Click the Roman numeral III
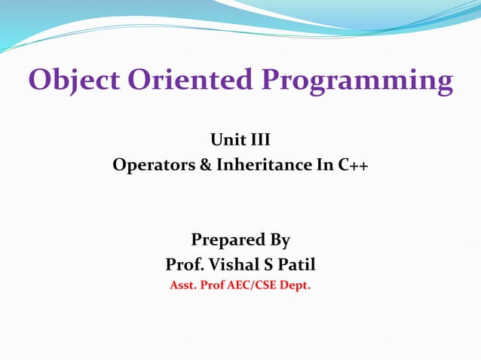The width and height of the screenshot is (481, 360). point(258,139)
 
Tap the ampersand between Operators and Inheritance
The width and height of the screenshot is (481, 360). point(206,164)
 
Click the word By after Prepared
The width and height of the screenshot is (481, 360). point(276,241)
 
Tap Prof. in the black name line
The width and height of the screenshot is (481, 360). point(184,265)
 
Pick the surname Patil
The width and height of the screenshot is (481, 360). point(297,265)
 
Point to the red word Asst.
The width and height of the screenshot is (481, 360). point(184,285)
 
